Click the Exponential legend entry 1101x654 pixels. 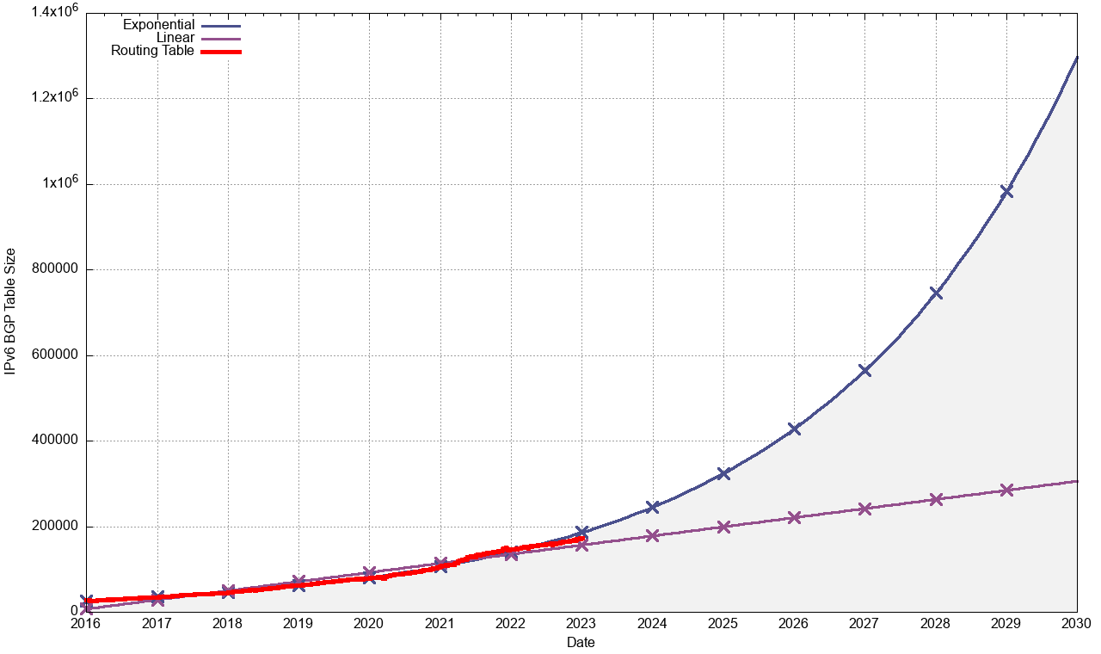pos(159,25)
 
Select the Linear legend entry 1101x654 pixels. pos(175,38)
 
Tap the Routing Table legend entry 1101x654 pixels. pos(153,51)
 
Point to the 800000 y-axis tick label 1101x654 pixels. pos(55,269)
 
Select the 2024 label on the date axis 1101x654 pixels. pos(652,623)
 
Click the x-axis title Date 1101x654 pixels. pos(581,642)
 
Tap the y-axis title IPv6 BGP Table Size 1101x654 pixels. pos(10,312)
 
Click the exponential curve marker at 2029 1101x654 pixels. pos(1006,191)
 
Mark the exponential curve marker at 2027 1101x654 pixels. pos(864,370)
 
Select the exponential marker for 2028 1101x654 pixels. pos(936,293)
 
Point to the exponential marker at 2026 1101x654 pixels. pos(794,429)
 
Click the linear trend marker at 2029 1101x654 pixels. pos(1006,490)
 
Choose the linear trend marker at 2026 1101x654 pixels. pos(794,517)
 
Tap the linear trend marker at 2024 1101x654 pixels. pos(652,535)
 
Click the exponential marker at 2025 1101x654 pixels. pos(723,473)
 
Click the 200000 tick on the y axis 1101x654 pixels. pos(55,527)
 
